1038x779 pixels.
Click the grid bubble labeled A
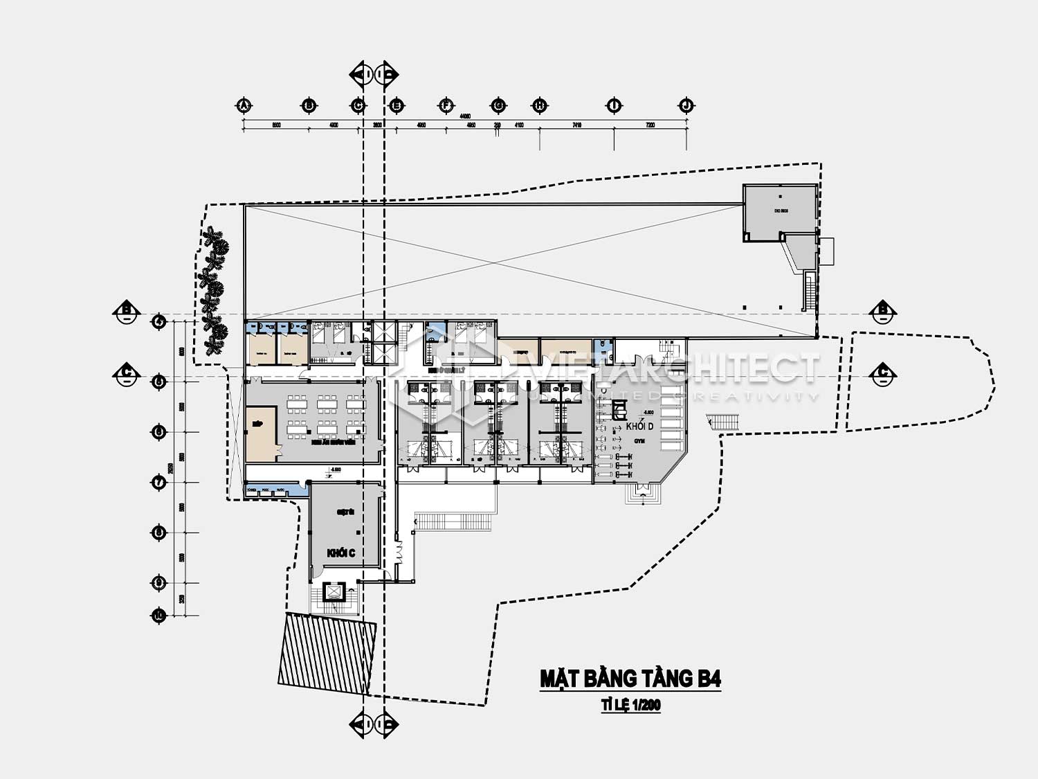(x=243, y=105)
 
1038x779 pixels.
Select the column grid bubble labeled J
(x=686, y=105)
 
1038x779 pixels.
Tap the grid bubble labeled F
(x=446, y=105)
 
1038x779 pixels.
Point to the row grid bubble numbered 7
(x=159, y=482)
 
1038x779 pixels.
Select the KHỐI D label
(x=639, y=426)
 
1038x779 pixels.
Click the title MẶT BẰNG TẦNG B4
(x=630, y=679)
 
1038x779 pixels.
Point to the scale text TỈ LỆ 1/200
(x=630, y=706)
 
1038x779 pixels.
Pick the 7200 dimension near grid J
(x=650, y=125)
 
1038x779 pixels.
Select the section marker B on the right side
(x=884, y=311)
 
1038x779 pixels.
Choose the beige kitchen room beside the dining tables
(x=261, y=433)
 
